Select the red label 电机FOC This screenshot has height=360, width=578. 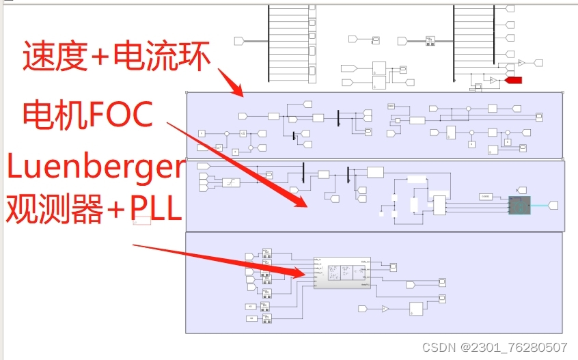pos(87,114)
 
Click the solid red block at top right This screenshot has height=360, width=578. pos(513,81)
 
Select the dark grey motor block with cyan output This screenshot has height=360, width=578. pos(519,204)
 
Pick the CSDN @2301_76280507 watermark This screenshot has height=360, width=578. pos(495,347)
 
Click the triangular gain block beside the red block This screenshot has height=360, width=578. pos(492,81)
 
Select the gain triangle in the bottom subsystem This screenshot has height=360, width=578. pos(385,309)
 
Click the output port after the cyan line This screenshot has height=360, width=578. pos(553,205)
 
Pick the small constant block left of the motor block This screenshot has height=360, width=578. pos(486,197)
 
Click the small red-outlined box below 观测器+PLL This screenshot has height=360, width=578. pos(141,221)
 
